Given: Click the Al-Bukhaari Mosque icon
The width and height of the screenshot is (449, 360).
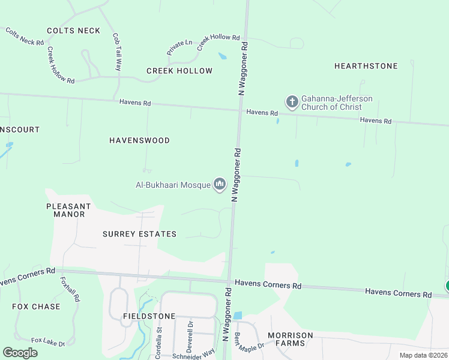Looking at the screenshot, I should tap(220, 184).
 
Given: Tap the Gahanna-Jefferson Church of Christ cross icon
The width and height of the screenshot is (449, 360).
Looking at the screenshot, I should tap(292, 102).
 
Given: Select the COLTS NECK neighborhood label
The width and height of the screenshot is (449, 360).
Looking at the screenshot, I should tap(73, 31).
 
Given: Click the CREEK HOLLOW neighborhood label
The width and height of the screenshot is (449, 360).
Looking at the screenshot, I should tap(179, 71).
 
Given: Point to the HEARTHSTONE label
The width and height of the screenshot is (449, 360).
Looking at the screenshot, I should tap(366, 66).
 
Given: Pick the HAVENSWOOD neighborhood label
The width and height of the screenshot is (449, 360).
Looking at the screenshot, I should tap(139, 140).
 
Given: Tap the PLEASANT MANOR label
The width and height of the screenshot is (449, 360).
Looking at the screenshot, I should tap(68, 210).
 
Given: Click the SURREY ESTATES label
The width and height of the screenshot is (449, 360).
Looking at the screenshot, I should tap(139, 234).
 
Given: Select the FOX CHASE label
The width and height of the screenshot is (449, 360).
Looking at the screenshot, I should tap(36, 307).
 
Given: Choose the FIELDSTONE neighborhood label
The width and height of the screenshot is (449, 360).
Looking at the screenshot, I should tap(149, 316).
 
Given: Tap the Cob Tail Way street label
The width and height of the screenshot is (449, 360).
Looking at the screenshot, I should tap(116, 52).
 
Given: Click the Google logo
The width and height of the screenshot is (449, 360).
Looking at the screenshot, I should tap(20, 353).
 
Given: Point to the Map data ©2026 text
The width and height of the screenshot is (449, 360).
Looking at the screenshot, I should tap(423, 355).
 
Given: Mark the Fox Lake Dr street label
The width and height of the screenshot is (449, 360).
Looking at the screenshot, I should tap(47, 342).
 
